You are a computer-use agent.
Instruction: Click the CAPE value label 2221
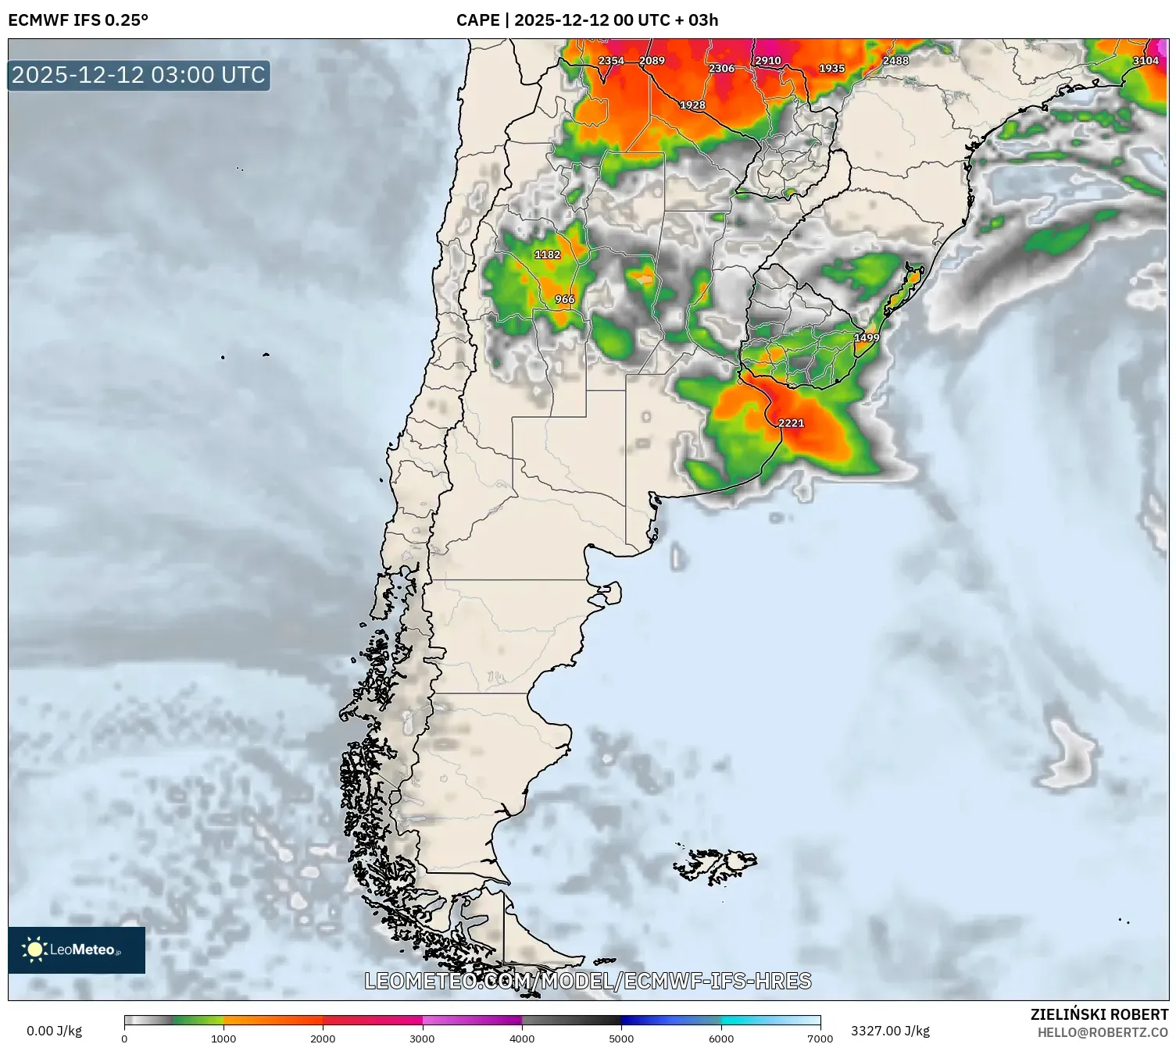(x=791, y=423)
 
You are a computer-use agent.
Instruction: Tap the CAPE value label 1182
(x=547, y=255)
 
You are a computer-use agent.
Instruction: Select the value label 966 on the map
(x=564, y=299)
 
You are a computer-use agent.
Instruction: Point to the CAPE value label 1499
(x=866, y=338)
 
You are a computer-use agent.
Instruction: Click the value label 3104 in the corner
(x=1146, y=61)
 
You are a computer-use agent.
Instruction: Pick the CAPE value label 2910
(x=767, y=61)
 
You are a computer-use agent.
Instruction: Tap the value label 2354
(x=611, y=61)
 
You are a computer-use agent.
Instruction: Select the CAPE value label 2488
(x=895, y=61)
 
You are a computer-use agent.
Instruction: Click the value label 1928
(x=692, y=105)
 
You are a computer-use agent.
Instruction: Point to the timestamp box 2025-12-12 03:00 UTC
(x=139, y=75)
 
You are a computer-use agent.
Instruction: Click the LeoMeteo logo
(x=77, y=950)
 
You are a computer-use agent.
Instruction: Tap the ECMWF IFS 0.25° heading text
(x=78, y=20)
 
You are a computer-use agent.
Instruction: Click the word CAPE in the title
(x=477, y=20)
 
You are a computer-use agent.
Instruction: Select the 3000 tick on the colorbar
(x=423, y=1038)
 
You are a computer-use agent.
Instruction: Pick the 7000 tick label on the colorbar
(x=820, y=1038)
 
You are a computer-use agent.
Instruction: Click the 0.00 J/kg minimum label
(x=54, y=1031)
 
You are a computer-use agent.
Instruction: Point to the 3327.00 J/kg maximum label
(x=890, y=1031)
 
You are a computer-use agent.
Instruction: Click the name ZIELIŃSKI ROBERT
(x=1099, y=1014)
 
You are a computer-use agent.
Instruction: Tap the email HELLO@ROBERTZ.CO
(x=1103, y=1032)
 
